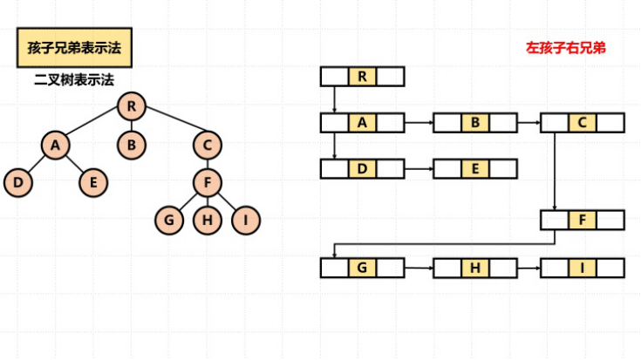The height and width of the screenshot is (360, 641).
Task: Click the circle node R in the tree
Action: coord(131,107)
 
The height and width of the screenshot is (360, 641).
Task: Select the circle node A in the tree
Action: coord(55,145)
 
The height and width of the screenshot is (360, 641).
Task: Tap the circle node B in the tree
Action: coord(131,145)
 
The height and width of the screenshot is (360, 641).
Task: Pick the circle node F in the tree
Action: coord(208,183)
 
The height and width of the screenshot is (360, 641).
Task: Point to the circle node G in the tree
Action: coord(169,221)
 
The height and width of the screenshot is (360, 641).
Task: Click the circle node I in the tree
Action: coord(246,221)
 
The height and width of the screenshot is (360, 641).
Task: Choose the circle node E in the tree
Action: coord(93,183)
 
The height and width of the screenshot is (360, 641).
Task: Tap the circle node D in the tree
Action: coord(17,183)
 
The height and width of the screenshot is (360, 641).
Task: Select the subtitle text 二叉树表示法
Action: coord(74,79)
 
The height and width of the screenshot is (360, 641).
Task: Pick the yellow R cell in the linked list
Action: coord(362,77)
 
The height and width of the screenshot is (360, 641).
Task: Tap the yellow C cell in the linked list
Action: coord(583,123)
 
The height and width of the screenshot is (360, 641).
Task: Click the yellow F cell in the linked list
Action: coord(583,220)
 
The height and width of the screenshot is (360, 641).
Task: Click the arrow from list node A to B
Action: coord(419,123)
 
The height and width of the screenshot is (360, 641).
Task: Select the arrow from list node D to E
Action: coord(419,169)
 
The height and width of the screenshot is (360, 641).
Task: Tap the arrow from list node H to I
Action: coord(528,268)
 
